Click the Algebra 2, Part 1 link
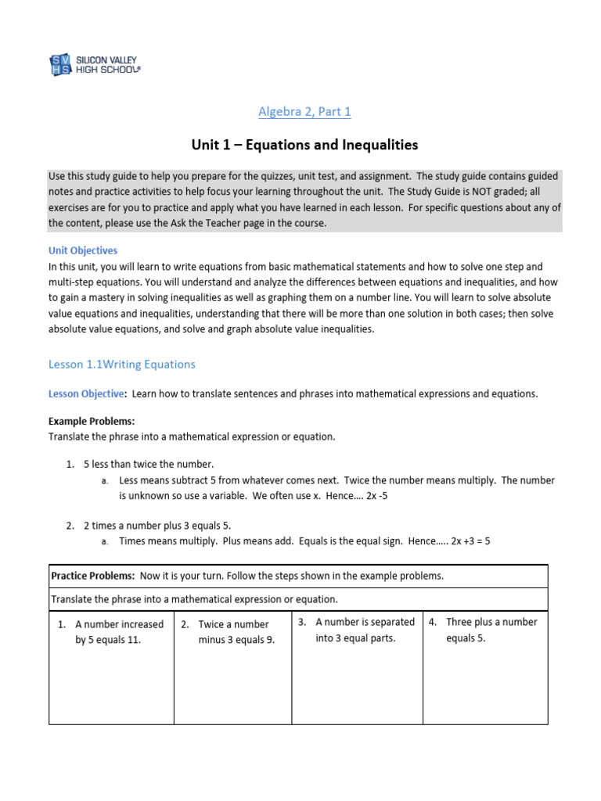pyautogui.click(x=304, y=112)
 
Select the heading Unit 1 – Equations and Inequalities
pyautogui.click(x=304, y=145)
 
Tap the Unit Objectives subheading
pyautogui.click(x=83, y=251)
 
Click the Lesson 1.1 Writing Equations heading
pyautogui.click(x=121, y=365)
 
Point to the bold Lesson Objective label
pyautogui.click(x=86, y=394)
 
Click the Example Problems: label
pyautogui.click(x=92, y=422)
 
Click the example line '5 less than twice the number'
pyautogui.click(x=149, y=465)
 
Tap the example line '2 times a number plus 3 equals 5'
pyautogui.click(x=157, y=525)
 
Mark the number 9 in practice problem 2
pyautogui.click(x=271, y=639)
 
